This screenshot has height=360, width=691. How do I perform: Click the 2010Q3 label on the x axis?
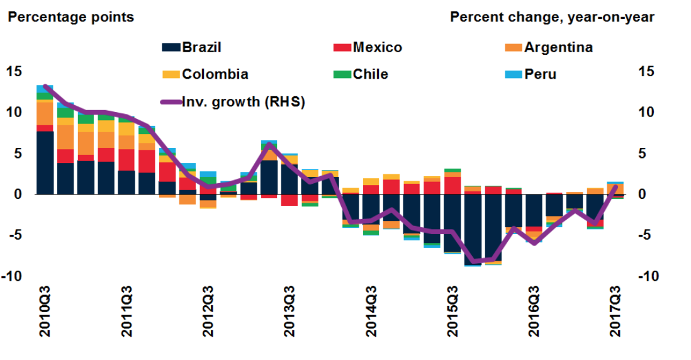click(45, 311)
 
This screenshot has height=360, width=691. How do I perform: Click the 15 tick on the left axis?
click(14, 71)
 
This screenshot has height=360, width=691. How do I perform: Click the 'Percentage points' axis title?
click(70, 17)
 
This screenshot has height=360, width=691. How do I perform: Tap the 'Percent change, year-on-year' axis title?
click(552, 17)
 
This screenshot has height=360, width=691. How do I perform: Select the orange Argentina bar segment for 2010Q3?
click(45, 113)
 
